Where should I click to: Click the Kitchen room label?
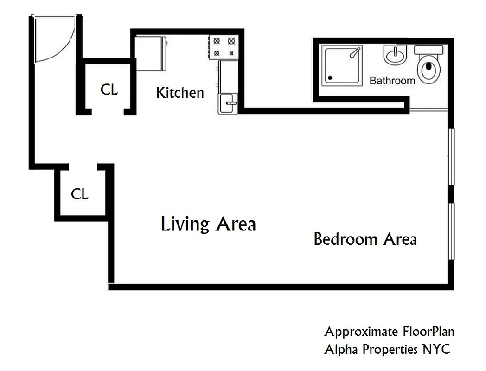[x=180, y=93]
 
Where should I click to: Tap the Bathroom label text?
[x=392, y=81]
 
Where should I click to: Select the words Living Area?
[x=208, y=224]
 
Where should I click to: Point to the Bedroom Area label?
[x=365, y=239]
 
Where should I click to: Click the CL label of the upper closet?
[x=109, y=90]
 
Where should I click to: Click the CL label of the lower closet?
[x=80, y=194]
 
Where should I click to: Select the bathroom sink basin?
[x=395, y=56]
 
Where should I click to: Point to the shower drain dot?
[x=330, y=78]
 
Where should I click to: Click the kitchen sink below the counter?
[x=228, y=103]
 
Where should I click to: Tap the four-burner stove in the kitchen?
[x=223, y=47]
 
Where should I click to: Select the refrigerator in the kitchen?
[x=151, y=53]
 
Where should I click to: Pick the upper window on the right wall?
[x=451, y=158]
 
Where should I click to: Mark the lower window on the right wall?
[x=451, y=231]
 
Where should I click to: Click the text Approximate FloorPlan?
[x=389, y=332]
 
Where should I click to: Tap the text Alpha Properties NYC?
[x=387, y=349]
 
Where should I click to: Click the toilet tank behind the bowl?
[x=429, y=50]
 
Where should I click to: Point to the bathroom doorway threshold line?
[x=428, y=110]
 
